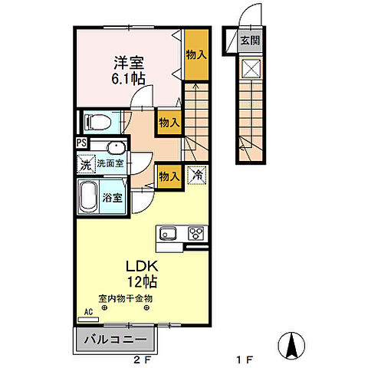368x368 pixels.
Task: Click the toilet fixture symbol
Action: point(98,122)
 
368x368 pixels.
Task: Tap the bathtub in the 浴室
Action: point(88,197)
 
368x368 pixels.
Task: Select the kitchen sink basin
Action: point(168,234)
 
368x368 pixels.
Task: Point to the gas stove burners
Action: point(196,233)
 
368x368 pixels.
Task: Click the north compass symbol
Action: point(291,346)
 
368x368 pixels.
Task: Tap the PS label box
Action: point(82,143)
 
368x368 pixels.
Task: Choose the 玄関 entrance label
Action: point(251,41)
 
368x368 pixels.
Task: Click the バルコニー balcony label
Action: point(116,340)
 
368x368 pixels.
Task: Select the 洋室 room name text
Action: point(129,63)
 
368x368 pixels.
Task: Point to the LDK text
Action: point(143,266)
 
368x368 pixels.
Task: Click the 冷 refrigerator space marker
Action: point(197,175)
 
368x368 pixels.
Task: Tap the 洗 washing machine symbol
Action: point(86,164)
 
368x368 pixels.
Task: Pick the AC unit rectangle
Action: point(88,320)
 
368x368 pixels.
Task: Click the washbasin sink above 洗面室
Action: point(117,147)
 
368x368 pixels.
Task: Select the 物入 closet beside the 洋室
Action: point(196,54)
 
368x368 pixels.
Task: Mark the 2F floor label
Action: point(142,360)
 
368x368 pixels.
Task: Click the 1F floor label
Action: point(245,360)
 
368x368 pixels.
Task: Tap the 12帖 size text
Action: point(143,281)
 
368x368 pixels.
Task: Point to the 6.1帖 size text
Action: point(128,78)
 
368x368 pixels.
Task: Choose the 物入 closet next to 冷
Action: point(169,176)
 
